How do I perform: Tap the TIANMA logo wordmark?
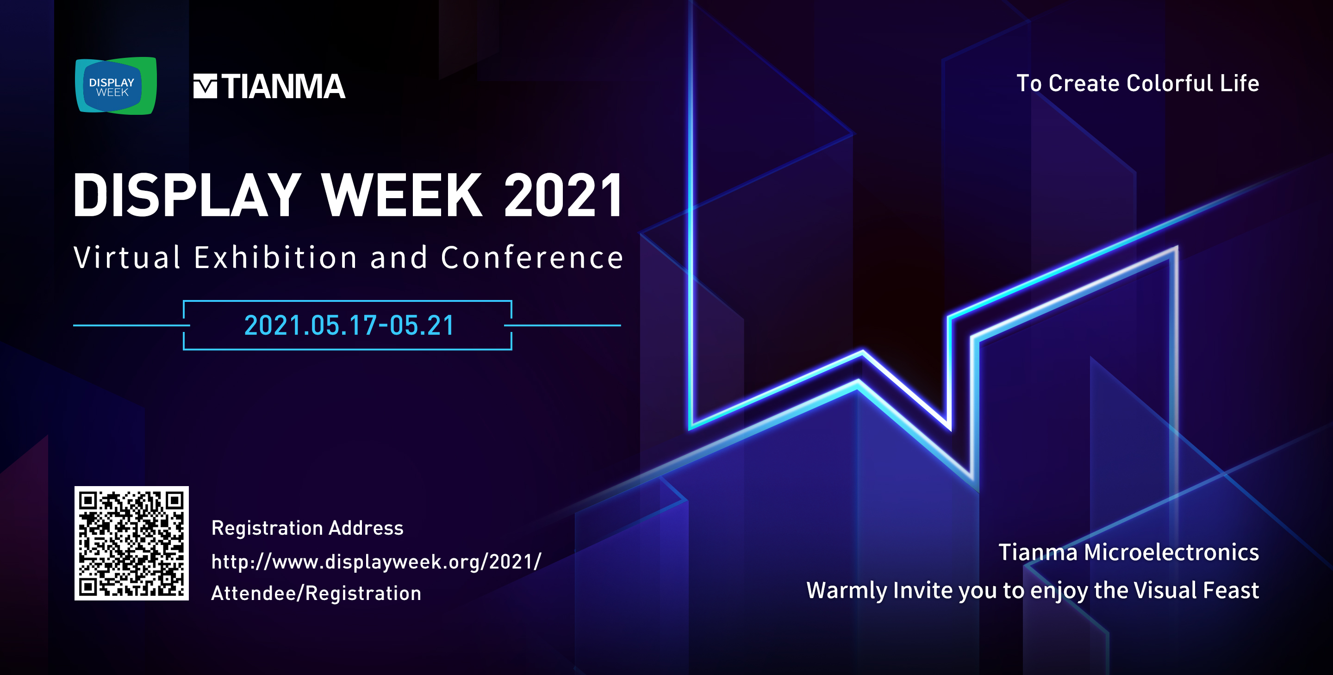click(x=269, y=86)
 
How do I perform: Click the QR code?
click(x=131, y=543)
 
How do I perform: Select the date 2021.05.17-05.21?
click(x=349, y=325)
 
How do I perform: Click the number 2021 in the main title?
click(x=563, y=195)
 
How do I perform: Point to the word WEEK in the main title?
click(x=402, y=195)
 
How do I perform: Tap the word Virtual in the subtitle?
click(x=127, y=257)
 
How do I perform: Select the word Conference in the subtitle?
click(x=532, y=257)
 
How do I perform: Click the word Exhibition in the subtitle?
click(x=276, y=257)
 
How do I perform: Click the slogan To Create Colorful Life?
click(x=1137, y=83)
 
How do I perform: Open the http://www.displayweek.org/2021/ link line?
click(x=376, y=562)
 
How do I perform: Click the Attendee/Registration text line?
click(x=316, y=593)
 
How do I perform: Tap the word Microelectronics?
click(x=1171, y=552)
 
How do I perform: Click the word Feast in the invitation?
click(x=1231, y=591)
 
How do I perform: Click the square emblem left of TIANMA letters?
click(x=205, y=86)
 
